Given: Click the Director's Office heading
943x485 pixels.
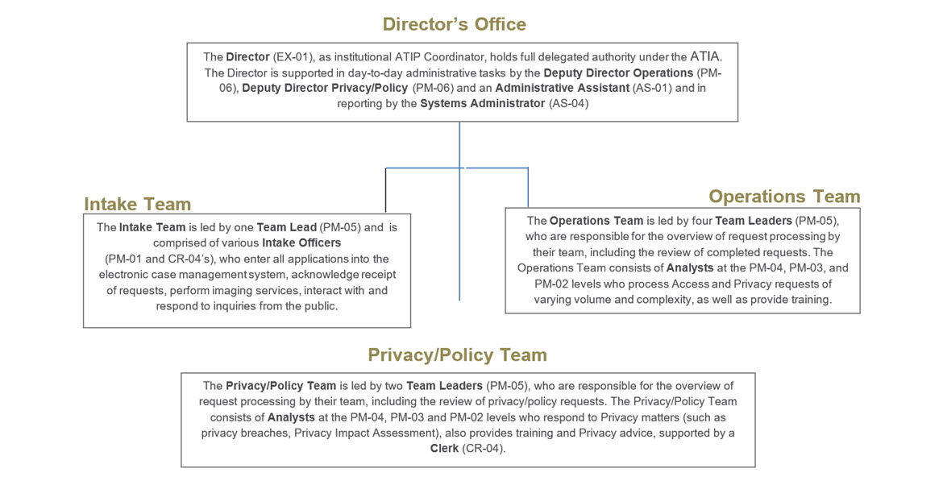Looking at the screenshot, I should [x=454, y=24].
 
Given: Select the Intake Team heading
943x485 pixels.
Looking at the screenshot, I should [x=138, y=204].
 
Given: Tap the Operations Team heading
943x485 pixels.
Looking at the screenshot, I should [x=783, y=197].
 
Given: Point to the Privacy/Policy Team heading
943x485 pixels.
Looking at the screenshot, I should [x=457, y=354].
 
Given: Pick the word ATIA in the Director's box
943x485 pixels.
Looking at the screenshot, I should [x=706, y=56].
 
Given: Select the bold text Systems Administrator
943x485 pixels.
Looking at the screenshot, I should [x=482, y=104].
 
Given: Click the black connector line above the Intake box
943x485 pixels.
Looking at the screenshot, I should [x=386, y=189].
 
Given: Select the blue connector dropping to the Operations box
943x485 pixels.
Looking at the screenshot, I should [x=528, y=187].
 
